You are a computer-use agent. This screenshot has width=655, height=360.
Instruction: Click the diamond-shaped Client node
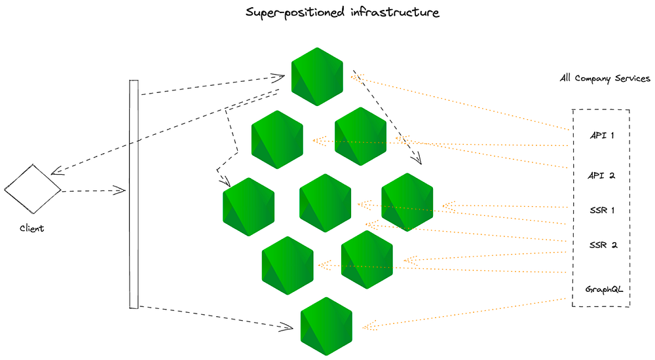click(x=33, y=189)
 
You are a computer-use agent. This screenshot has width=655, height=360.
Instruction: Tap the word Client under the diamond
click(x=31, y=228)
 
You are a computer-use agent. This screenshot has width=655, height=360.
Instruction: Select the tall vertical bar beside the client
click(x=134, y=194)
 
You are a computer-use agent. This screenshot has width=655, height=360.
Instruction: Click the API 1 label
click(x=602, y=135)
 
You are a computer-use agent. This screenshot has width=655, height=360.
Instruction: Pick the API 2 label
click(x=601, y=175)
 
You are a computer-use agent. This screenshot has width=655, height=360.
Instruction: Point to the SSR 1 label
click(x=602, y=210)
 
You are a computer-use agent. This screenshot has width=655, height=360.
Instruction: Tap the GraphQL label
click(x=604, y=289)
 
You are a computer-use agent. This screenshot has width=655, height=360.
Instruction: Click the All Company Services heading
click(x=605, y=78)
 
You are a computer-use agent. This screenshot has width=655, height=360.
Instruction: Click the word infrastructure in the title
click(x=395, y=12)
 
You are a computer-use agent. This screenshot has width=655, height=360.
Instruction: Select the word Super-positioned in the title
click(x=295, y=12)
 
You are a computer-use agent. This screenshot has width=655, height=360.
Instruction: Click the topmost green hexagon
click(x=317, y=77)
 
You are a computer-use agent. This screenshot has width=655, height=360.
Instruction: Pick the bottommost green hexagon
click(x=326, y=326)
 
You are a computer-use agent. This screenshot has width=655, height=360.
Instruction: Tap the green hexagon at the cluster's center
click(x=325, y=203)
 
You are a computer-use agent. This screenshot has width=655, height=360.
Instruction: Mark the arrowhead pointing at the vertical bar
click(x=120, y=190)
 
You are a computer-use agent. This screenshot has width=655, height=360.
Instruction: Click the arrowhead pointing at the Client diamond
click(x=56, y=170)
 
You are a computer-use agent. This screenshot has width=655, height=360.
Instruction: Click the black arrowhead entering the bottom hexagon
click(x=287, y=327)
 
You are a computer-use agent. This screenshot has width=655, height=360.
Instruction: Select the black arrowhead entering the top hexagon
click(x=278, y=77)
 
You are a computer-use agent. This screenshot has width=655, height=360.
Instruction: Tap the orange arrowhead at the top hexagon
click(x=357, y=78)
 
